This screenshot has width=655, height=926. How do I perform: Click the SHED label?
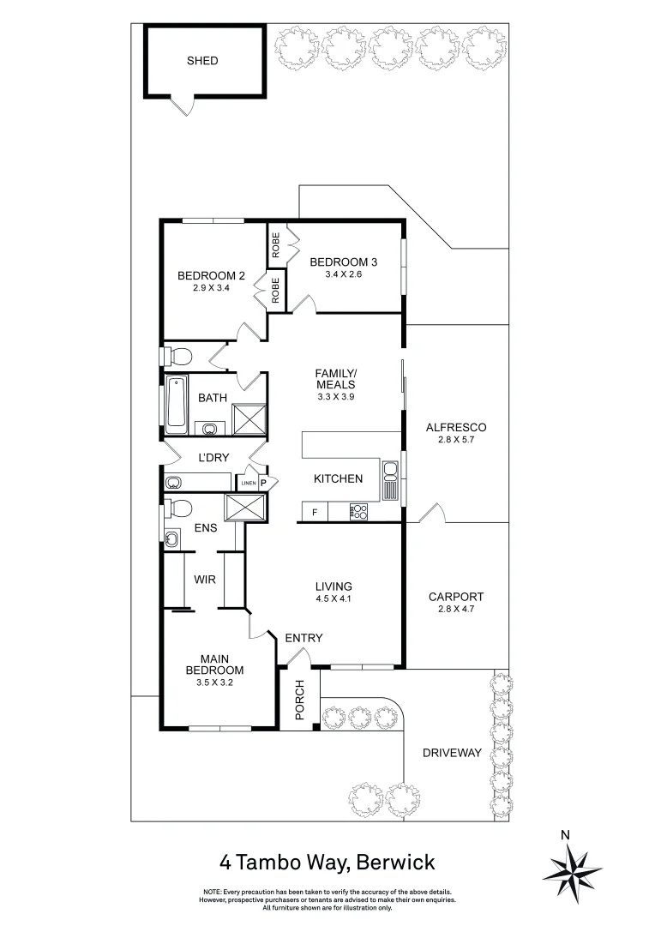point(202,61)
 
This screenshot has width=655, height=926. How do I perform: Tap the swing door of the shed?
point(182,106)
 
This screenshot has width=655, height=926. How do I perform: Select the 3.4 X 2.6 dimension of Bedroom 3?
point(343,274)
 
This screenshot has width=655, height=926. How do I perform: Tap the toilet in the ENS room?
point(179,508)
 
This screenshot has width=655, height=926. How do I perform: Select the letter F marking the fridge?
point(315,513)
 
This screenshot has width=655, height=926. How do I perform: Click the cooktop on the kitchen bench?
point(358,513)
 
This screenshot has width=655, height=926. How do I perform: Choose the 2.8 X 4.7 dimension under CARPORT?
point(456,610)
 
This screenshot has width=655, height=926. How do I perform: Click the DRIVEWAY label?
point(452,754)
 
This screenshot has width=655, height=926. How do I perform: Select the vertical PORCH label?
point(299,700)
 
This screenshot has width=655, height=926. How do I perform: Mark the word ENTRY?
point(303,638)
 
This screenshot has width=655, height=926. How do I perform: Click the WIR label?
point(204,580)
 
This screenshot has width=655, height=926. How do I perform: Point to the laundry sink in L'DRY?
point(172,481)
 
